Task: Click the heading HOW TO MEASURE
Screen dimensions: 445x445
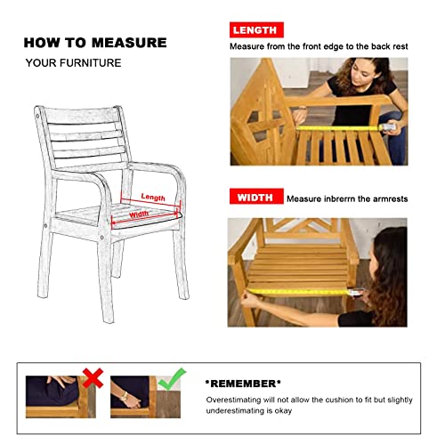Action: [94, 42]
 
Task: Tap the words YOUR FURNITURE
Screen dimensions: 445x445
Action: [73, 63]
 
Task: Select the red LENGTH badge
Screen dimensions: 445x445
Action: [256, 30]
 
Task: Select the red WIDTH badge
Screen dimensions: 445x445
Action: [256, 197]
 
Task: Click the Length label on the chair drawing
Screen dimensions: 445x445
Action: [152, 198]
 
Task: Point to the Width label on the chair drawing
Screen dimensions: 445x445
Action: [140, 214]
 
